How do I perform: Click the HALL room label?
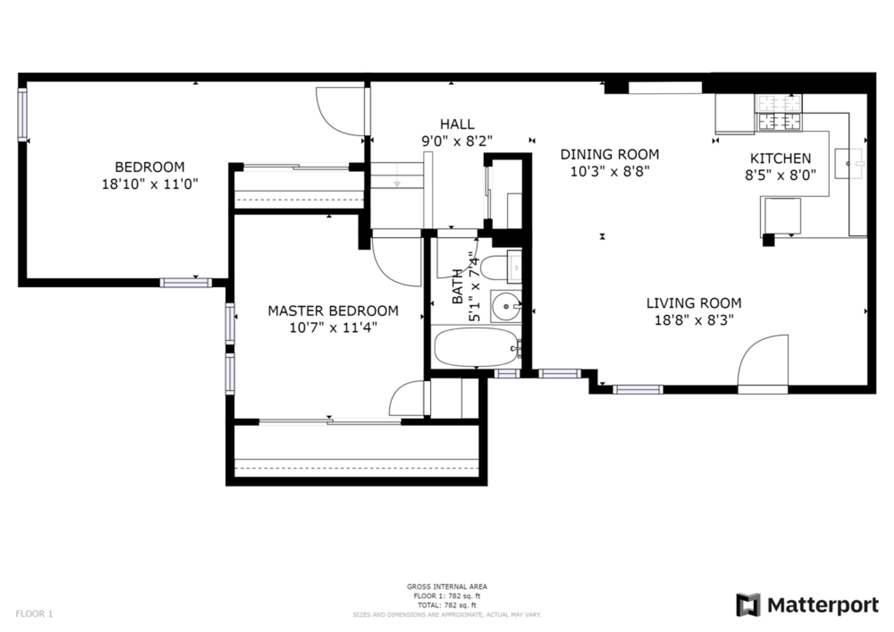[x=457, y=124]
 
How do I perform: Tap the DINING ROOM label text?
[x=610, y=154]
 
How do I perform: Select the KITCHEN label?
[x=780, y=159]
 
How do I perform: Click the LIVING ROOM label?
[x=694, y=303]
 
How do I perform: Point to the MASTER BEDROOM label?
[x=333, y=311]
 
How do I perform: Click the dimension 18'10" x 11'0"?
[x=150, y=184]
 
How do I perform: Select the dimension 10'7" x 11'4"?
[x=333, y=328]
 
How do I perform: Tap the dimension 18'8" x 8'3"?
[x=694, y=320]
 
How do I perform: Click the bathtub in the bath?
[x=476, y=346]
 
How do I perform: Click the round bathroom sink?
[x=506, y=306]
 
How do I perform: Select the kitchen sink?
[x=849, y=164]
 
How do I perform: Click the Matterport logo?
[x=807, y=605]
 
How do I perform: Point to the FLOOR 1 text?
[x=35, y=614]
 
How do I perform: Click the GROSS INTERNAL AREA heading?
[x=447, y=586]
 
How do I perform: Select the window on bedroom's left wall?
[x=23, y=115]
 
